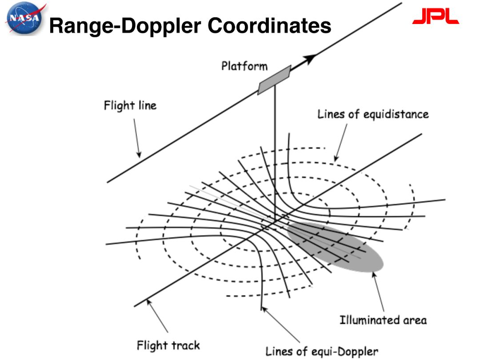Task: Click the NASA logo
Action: (25, 18)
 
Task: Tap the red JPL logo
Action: (435, 16)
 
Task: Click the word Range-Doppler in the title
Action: (125, 26)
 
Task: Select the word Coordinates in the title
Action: (269, 25)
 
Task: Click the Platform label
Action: (244, 66)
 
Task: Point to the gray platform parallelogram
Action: (274, 80)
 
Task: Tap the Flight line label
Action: (130, 105)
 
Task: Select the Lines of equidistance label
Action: (373, 114)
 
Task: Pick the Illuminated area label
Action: (383, 320)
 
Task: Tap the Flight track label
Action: (168, 345)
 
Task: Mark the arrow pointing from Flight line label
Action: (137, 138)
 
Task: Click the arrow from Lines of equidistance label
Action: (341, 142)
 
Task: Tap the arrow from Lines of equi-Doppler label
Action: (280, 324)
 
